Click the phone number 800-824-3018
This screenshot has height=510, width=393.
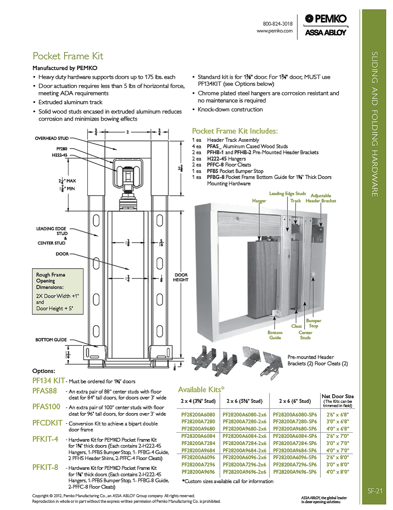[278, 24]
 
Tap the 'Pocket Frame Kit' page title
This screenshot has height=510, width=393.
[68, 56]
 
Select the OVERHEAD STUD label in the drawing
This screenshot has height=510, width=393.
[52, 138]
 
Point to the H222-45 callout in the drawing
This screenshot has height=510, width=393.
[59, 155]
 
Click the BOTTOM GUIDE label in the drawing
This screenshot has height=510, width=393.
[51, 340]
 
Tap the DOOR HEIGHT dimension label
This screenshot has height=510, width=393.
[181, 277]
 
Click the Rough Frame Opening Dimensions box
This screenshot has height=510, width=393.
[58, 291]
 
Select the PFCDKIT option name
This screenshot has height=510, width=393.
[47, 423]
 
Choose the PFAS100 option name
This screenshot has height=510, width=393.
[46, 407]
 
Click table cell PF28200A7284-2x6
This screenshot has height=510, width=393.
[245, 443]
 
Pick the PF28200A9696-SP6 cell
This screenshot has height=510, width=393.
[295, 472]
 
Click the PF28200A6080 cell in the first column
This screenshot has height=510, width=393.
[198, 415]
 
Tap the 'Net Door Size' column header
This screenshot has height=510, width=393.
[338, 396]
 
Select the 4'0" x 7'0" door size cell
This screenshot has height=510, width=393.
[338, 451]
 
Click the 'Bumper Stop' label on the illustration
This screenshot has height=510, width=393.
[313, 323]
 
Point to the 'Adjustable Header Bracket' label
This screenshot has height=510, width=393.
[321, 198]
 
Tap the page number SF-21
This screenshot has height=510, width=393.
[375, 491]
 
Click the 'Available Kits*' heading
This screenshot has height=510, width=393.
[201, 389]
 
